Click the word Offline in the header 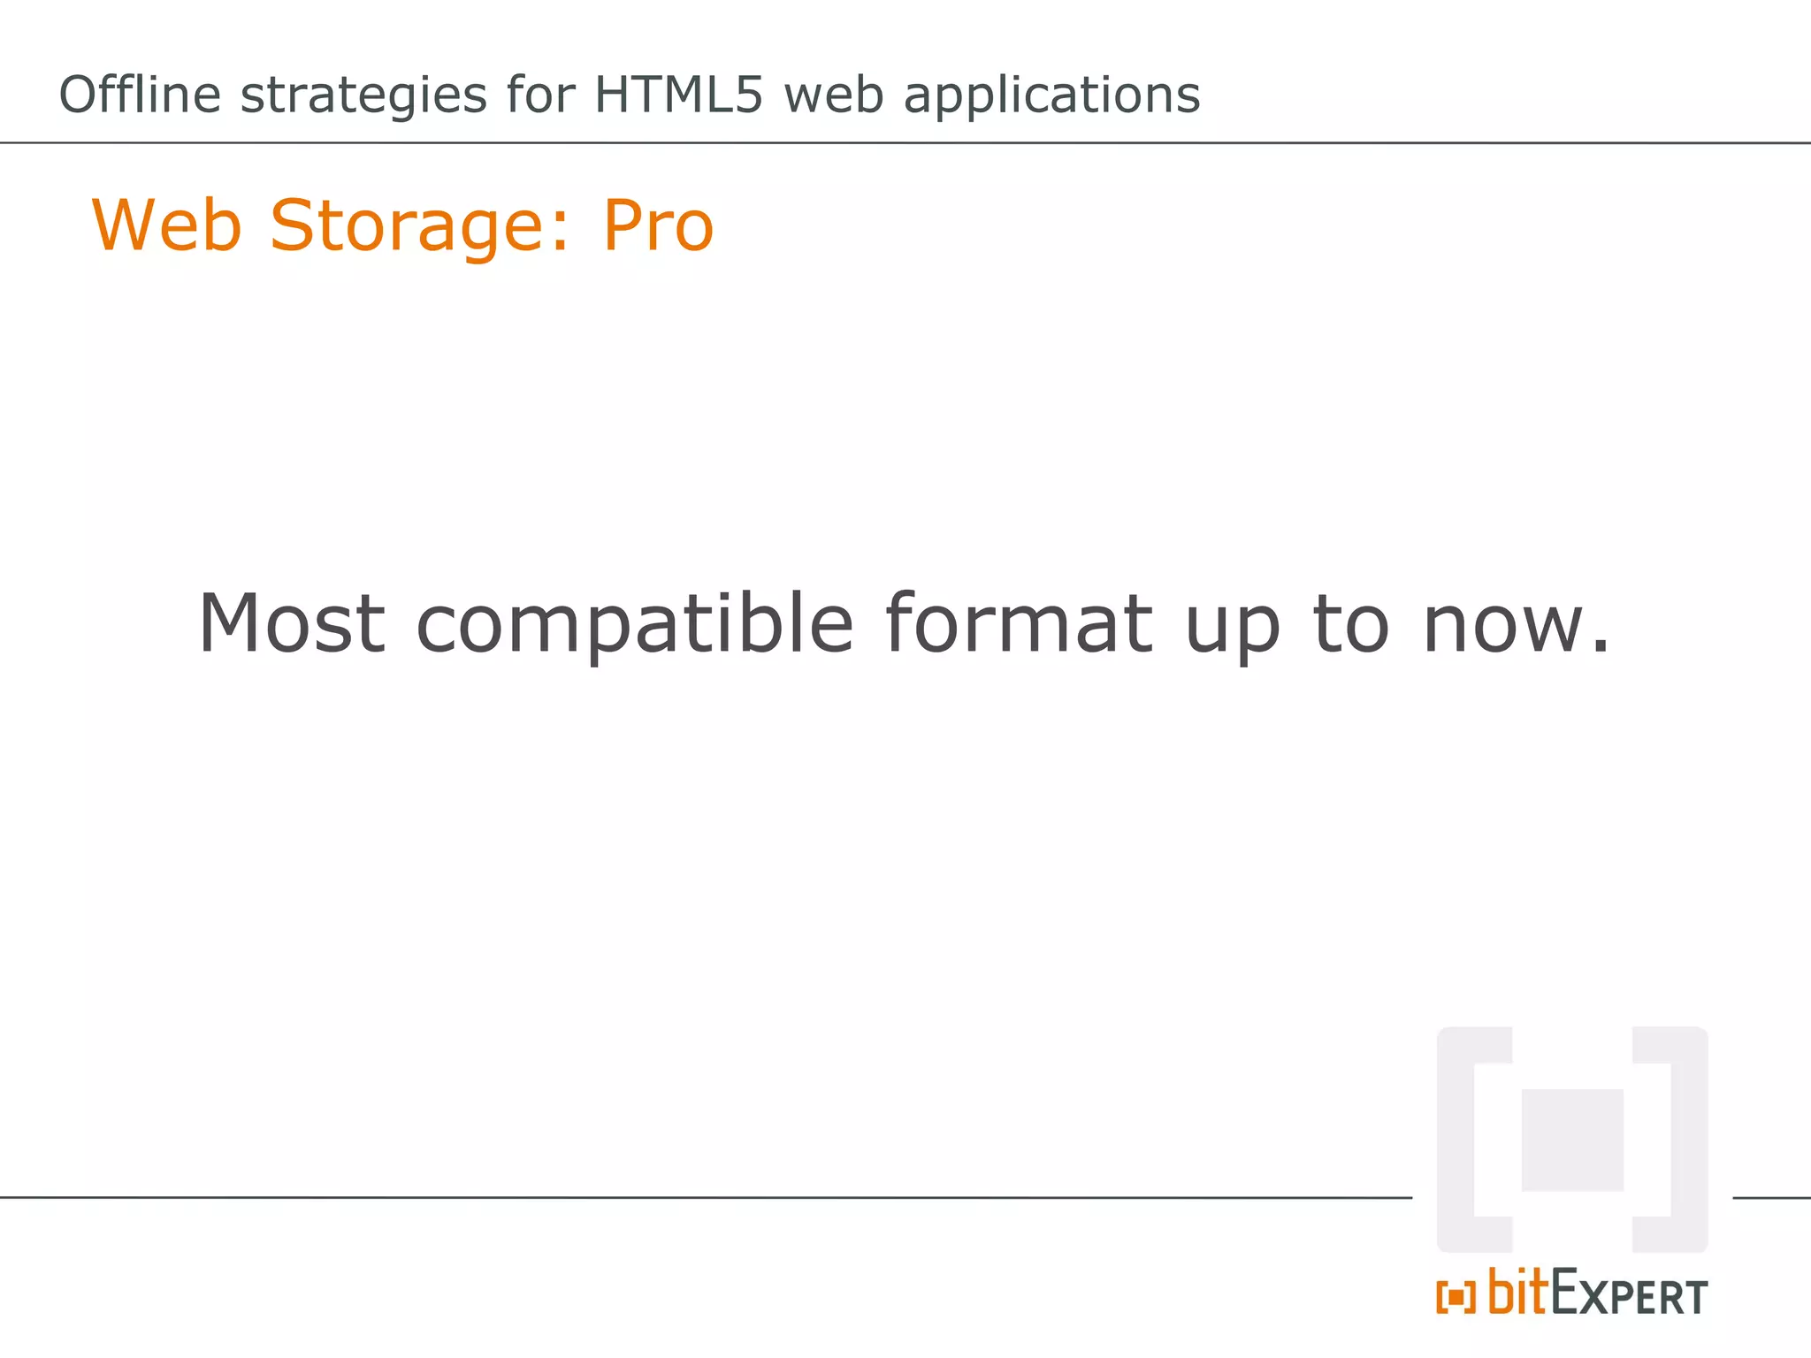(140, 95)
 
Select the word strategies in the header (363, 95)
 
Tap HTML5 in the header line (677, 95)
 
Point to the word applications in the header (1051, 95)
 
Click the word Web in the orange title (167, 225)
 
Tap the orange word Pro (658, 225)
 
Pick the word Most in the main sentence (292, 623)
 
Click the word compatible (634, 625)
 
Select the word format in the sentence (1019, 623)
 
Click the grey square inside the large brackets (1572, 1140)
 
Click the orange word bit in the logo (1517, 1292)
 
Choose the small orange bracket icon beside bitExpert (1456, 1298)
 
